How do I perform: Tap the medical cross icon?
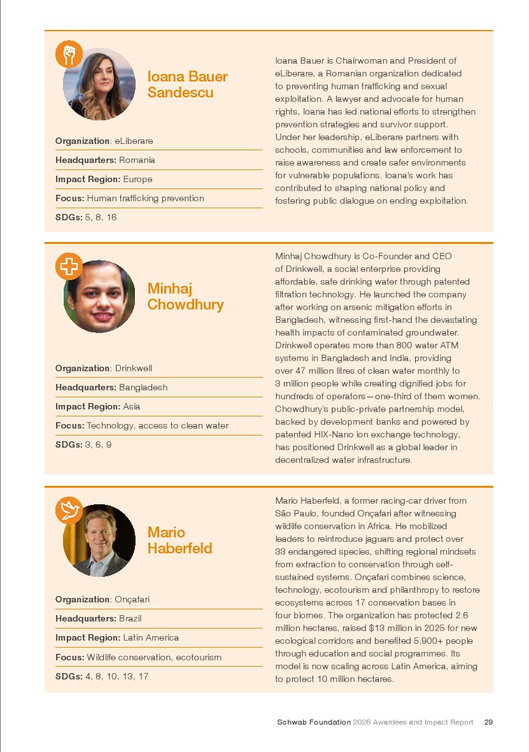[69, 266]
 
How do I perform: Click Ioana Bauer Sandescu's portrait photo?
[100, 85]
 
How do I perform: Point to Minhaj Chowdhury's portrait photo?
[100, 296]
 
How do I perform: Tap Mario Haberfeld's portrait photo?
[100, 541]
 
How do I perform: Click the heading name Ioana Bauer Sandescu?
[187, 85]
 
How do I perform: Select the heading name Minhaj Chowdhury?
[185, 297]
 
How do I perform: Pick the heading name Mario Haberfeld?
[180, 541]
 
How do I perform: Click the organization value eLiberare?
[134, 141]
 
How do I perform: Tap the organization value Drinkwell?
[133, 369]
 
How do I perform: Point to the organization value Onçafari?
[132, 600]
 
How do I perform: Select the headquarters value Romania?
[137, 160]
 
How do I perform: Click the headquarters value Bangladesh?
[143, 388]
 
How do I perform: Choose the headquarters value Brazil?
[130, 619]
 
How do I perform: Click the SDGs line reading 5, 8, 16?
[101, 218]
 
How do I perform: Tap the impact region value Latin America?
[151, 638]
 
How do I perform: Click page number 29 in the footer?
[488, 722]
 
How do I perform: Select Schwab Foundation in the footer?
[313, 722]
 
